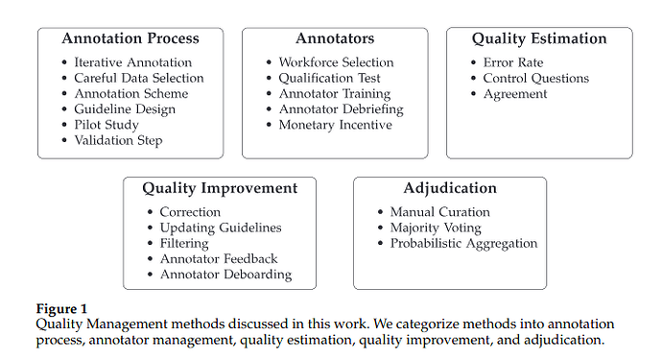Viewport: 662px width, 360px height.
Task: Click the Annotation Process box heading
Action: coord(130,39)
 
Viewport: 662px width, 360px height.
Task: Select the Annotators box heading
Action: coord(335,39)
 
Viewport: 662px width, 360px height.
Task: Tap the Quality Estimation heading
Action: coord(539,39)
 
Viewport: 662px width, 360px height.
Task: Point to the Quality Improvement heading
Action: coord(220,188)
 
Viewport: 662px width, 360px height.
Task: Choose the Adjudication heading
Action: coord(450,188)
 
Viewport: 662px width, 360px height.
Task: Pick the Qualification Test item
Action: coord(330,78)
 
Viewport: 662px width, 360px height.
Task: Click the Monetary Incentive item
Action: coord(336,125)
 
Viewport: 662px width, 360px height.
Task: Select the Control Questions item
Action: coord(536,78)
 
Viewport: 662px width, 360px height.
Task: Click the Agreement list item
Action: coord(516,94)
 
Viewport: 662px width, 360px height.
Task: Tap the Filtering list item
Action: coord(184,243)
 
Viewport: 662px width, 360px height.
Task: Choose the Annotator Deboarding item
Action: coord(225,275)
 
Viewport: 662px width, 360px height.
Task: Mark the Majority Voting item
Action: coord(436,228)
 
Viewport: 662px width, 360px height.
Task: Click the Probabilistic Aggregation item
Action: coord(463,243)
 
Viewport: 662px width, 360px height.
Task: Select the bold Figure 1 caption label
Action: coord(61,308)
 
